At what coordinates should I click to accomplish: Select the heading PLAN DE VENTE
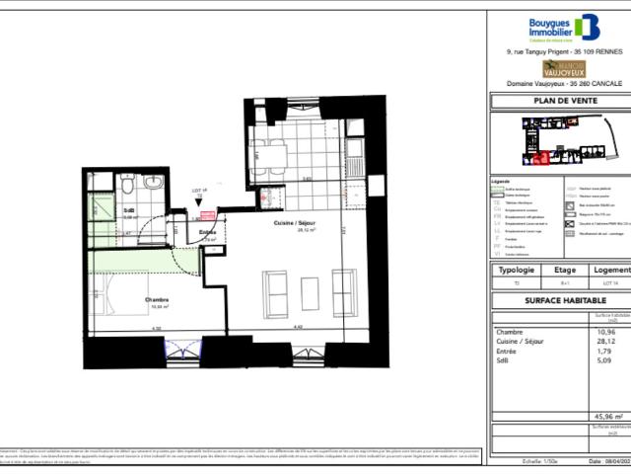[559, 100]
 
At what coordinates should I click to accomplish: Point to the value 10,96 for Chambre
[611, 331]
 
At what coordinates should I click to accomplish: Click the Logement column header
[607, 269]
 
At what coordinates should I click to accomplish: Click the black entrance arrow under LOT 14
[200, 200]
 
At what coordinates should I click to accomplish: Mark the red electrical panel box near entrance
[207, 214]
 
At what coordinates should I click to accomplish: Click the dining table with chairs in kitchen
[268, 153]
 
